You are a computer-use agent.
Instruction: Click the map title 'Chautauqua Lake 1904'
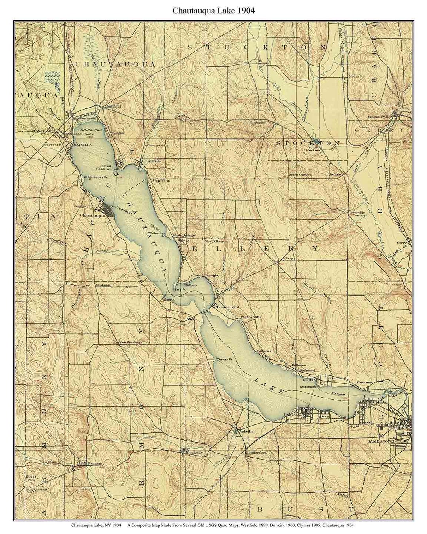point(213,11)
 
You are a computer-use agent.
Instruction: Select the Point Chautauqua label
point(111,167)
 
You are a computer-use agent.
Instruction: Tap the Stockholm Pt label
point(309,386)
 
